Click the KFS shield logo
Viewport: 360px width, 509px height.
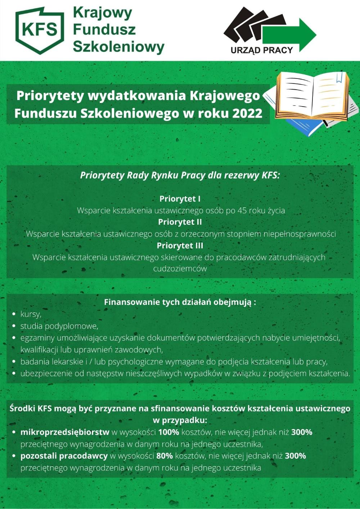(x=39, y=30)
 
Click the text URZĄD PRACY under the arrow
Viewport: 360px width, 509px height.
(x=262, y=50)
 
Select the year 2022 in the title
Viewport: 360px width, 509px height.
(x=247, y=113)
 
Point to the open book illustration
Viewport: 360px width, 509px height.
(x=312, y=95)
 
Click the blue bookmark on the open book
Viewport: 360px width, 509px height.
(x=338, y=77)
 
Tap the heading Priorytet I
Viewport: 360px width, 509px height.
(x=180, y=199)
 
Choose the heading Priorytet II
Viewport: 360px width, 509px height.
(x=180, y=222)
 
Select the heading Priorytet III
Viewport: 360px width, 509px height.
(x=180, y=246)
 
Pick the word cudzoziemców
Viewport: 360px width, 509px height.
(x=180, y=269)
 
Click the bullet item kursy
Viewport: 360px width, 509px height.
(x=31, y=314)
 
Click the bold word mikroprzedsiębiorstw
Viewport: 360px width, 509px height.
(x=65, y=432)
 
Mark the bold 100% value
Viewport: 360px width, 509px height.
(x=168, y=432)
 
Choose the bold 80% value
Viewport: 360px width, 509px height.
(x=165, y=456)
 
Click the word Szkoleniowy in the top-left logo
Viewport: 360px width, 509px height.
(x=118, y=47)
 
